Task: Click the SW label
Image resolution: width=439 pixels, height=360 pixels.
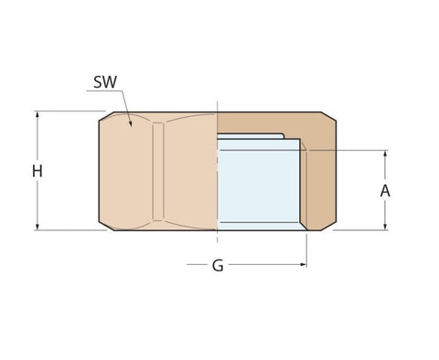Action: point(105,82)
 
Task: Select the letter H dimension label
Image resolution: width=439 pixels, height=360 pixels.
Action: point(37,171)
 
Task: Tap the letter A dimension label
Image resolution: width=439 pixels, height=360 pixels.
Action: point(385,191)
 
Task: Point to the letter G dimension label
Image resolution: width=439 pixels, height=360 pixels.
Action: point(218,266)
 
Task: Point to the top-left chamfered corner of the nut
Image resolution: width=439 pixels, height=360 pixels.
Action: point(105,116)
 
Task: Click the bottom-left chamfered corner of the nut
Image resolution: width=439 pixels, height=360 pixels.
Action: point(105,226)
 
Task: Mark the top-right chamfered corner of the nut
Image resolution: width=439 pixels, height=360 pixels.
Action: point(328,116)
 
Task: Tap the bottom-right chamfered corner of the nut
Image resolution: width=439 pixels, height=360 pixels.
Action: point(328,226)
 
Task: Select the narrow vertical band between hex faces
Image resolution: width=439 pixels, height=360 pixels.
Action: point(158,171)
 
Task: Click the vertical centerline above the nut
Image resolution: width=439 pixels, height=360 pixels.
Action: point(217,105)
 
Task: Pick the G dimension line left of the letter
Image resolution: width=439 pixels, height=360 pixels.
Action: point(197,265)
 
